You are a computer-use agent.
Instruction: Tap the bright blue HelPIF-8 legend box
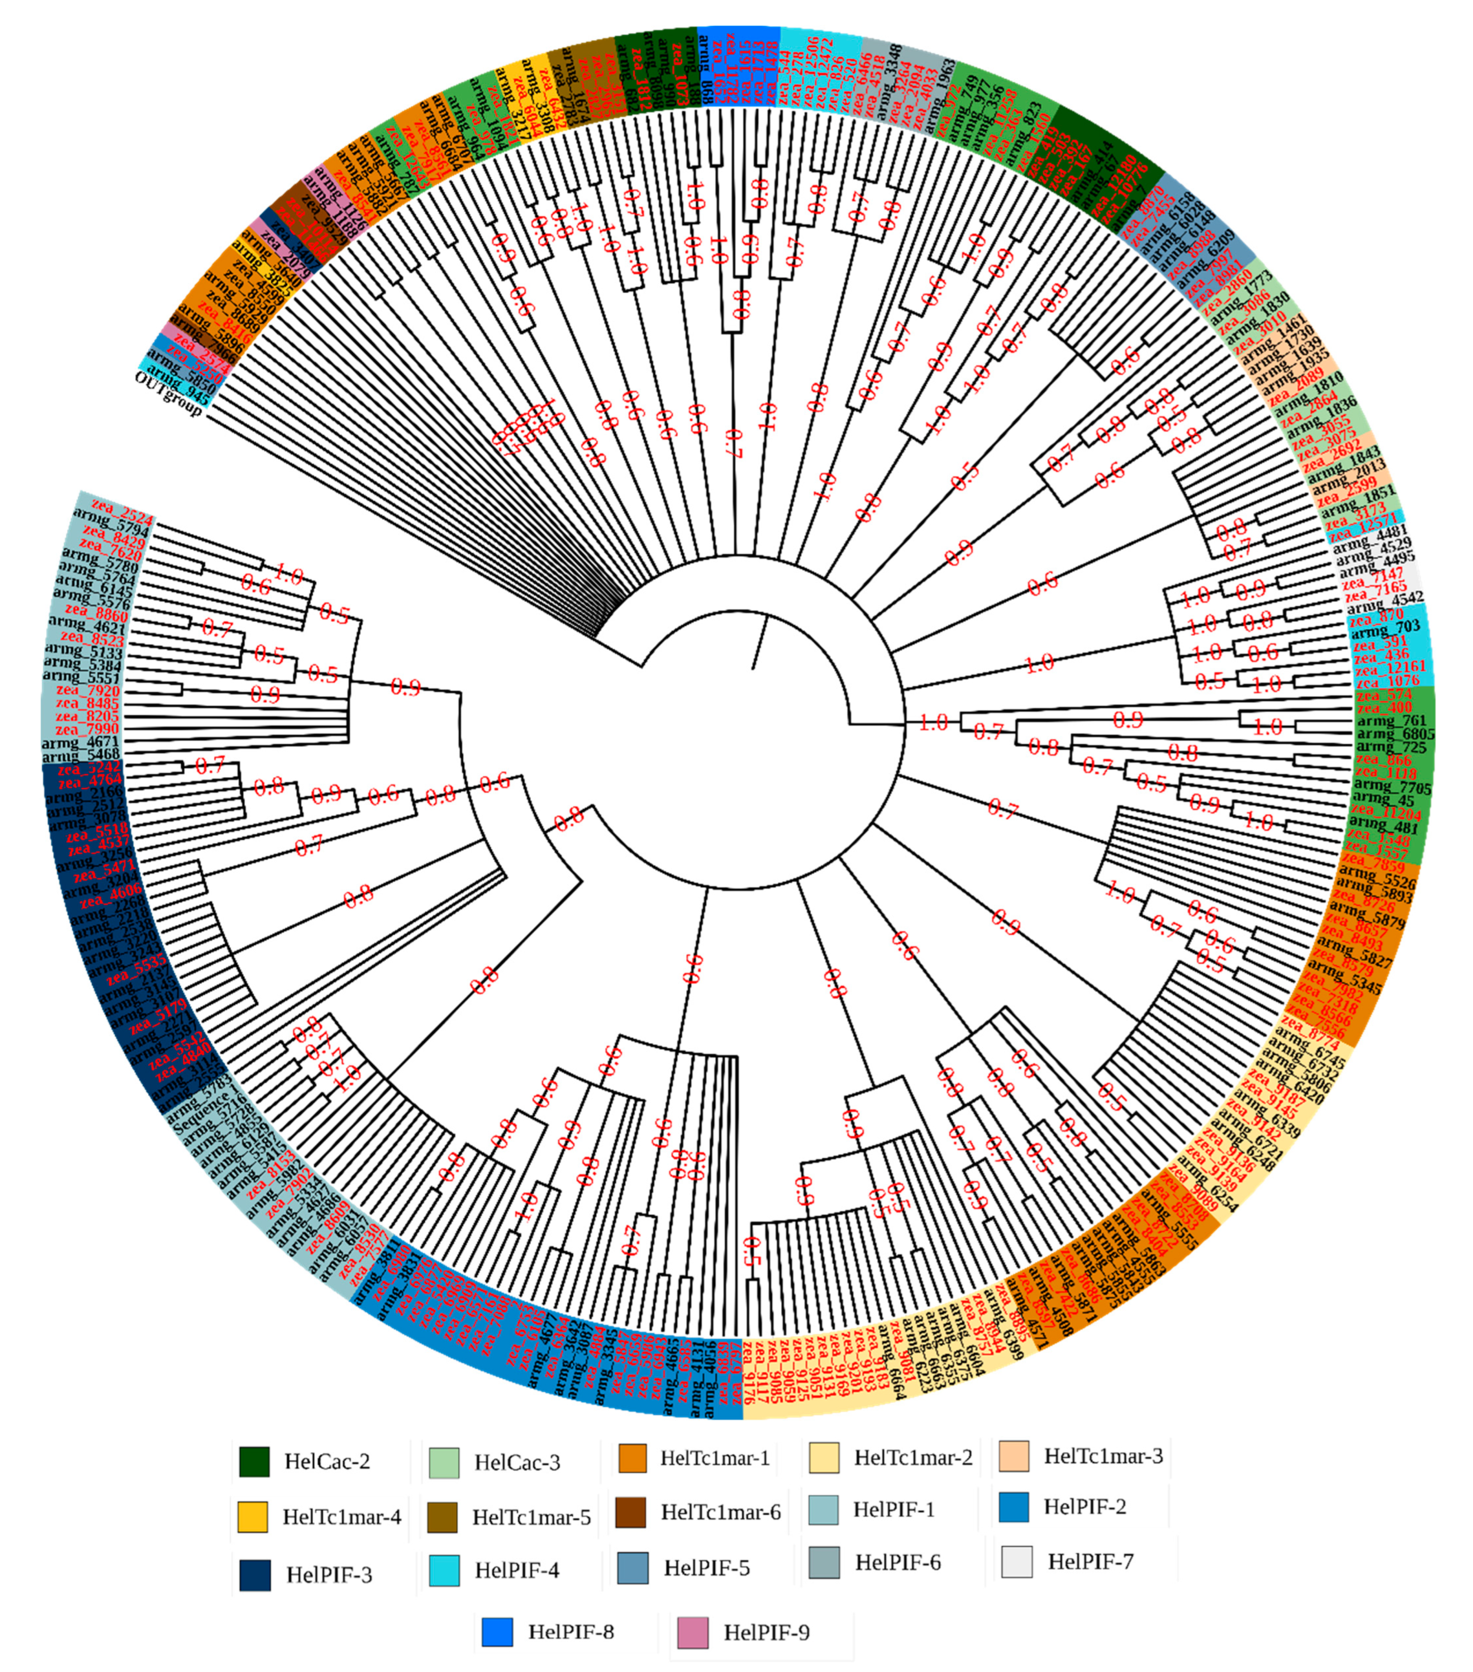coord(497,1632)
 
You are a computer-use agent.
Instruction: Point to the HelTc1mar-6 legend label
coord(720,1512)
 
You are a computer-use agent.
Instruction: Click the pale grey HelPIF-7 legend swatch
coord(1016,1561)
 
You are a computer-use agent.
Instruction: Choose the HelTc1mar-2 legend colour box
coord(824,1458)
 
